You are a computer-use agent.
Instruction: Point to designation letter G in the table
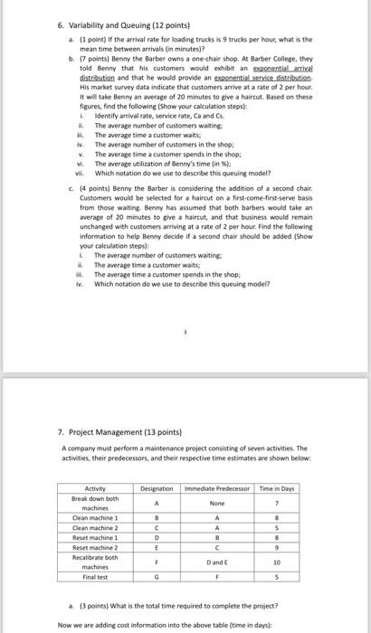(157, 576)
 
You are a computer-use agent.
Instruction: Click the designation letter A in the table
(157, 503)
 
